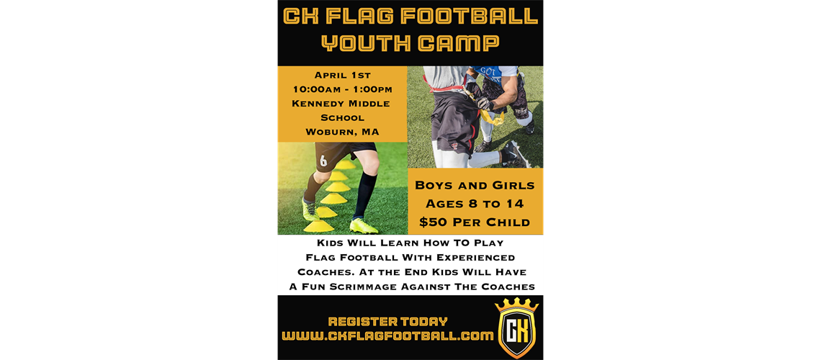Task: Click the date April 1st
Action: click(342, 75)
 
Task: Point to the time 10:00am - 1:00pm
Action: click(342, 89)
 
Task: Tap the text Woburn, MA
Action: click(342, 132)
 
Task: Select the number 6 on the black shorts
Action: click(323, 161)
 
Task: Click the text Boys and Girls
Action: click(475, 185)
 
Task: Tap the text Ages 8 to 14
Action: click(475, 203)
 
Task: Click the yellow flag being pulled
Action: click(492, 115)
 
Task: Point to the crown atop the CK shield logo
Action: click(516, 305)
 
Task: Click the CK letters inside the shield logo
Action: click(516, 332)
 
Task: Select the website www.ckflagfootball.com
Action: click(387, 336)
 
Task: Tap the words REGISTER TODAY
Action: click(387, 322)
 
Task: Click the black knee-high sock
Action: click(365, 194)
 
